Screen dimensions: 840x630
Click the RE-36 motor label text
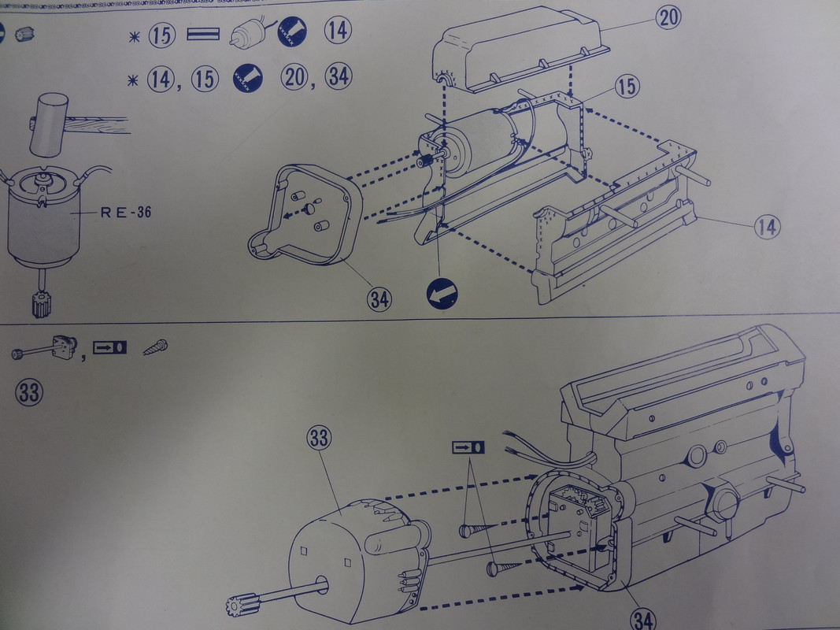pyautogui.click(x=126, y=213)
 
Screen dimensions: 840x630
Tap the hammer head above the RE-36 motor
pyautogui.click(x=49, y=125)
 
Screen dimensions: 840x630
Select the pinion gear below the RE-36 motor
pyautogui.click(x=40, y=304)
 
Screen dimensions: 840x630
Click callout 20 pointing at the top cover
pyautogui.click(x=668, y=17)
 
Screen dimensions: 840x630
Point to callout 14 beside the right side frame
pyautogui.click(x=767, y=227)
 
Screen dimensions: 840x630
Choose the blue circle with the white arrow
pyautogui.click(x=442, y=294)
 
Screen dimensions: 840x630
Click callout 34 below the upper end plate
pyautogui.click(x=379, y=299)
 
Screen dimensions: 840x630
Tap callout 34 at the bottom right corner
pyautogui.click(x=642, y=619)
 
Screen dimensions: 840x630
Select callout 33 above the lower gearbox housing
pyautogui.click(x=319, y=438)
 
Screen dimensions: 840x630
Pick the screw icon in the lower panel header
pyautogui.click(x=155, y=347)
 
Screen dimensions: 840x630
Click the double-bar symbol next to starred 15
pyautogui.click(x=203, y=35)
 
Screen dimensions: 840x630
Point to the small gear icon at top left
pyautogui.click(x=24, y=35)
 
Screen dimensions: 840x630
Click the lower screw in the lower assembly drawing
pyautogui.click(x=505, y=568)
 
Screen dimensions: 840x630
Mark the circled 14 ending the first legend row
pyautogui.click(x=338, y=31)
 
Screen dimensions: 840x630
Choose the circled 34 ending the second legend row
pyautogui.click(x=339, y=76)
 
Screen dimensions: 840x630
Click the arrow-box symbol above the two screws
pyautogui.click(x=468, y=447)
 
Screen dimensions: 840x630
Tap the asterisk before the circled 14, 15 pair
pyautogui.click(x=133, y=80)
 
